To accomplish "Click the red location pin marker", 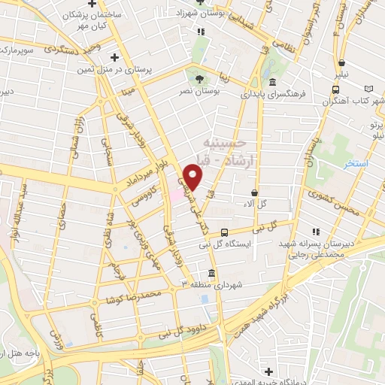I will coord(194,177).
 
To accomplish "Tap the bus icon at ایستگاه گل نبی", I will coord(225,232).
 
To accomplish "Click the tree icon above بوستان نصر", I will coord(200,77).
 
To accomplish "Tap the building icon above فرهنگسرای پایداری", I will coord(271,83).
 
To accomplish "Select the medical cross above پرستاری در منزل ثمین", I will coord(114,56).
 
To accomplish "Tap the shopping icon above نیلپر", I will coord(342,63).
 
